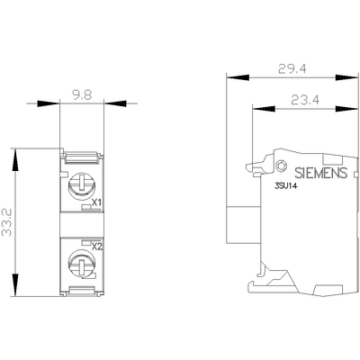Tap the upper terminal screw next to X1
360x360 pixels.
[79, 185]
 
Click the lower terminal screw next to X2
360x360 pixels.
[79, 265]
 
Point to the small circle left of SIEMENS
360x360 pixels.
[283, 166]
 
